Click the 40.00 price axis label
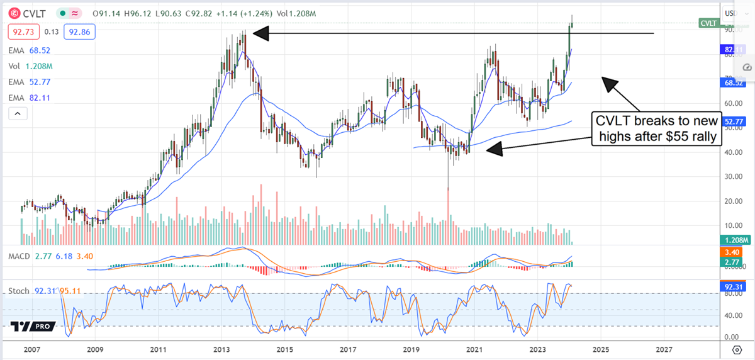tap(730, 152)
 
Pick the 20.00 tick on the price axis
tap(730, 201)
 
